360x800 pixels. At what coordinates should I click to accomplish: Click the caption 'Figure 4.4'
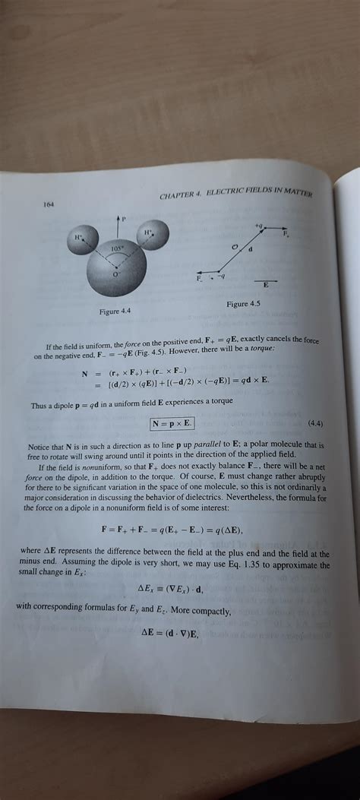click(x=115, y=311)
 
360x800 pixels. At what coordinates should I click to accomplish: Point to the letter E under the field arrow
click(x=265, y=285)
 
